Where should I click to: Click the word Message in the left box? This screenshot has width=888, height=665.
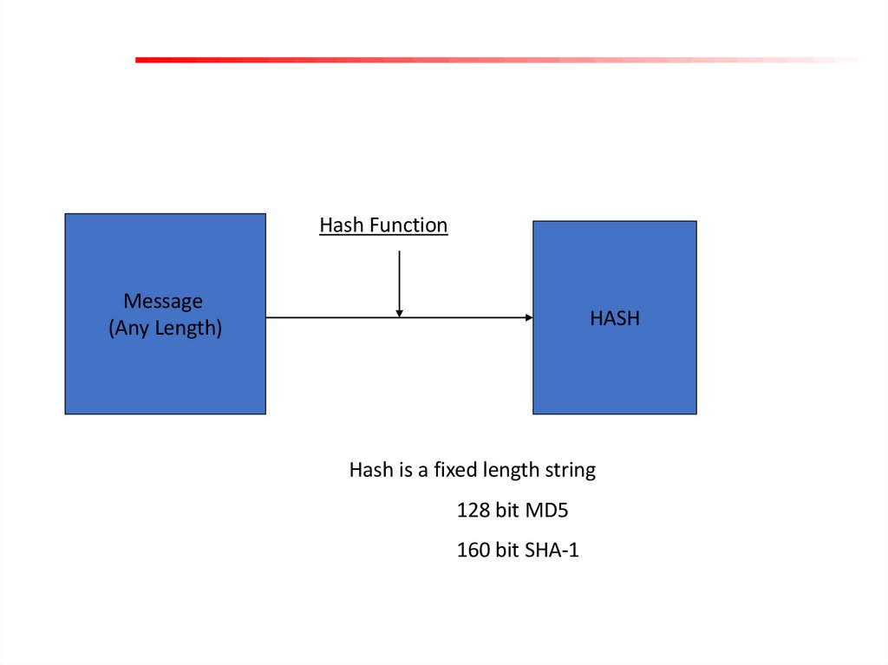pyautogui.click(x=163, y=301)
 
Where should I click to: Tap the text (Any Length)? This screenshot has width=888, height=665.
pyautogui.click(x=165, y=329)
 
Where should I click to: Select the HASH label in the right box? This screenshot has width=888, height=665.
pyautogui.click(x=615, y=318)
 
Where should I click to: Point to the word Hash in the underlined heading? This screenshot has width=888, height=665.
pyautogui.click(x=342, y=225)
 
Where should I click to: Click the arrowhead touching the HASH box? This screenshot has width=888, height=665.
pyautogui.click(x=528, y=318)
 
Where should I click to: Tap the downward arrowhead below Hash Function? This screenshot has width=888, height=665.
pyautogui.click(x=399, y=312)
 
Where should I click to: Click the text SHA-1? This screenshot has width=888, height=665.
pyautogui.click(x=552, y=550)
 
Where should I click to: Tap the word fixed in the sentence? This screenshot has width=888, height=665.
pyautogui.click(x=434, y=470)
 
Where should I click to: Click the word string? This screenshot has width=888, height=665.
pyautogui.click(x=570, y=471)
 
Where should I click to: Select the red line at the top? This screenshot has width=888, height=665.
pyautogui.click(x=434, y=60)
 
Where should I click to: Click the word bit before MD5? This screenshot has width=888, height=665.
pyautogui.click(x=507, y=511)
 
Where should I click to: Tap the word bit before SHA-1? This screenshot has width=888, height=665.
pyautogui.click(x=507, y=550)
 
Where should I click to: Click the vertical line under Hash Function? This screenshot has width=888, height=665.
pyautogui.click(x=399, y=277)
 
